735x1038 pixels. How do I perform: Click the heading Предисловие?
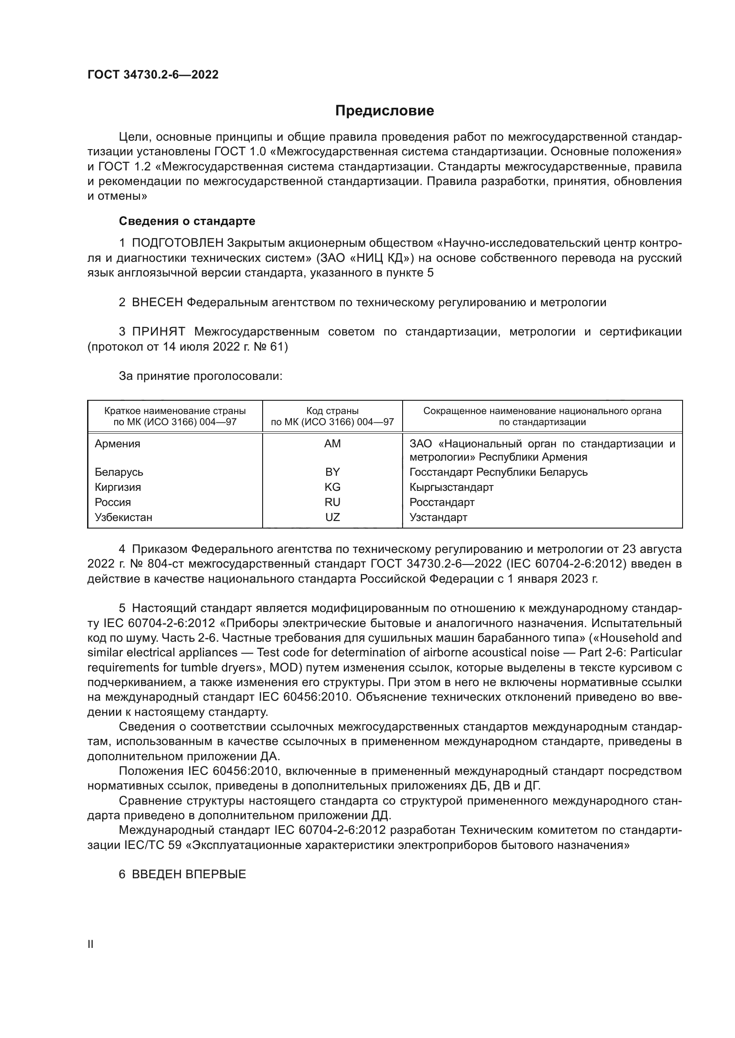click(x=384, y=111)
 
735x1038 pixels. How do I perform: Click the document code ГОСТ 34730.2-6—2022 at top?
click(x=152, y=75)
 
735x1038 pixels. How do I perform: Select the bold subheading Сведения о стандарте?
click(x=187, y=221)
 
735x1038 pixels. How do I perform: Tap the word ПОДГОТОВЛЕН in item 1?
click(x=177, y=243)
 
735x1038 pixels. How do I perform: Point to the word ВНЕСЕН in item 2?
click(x=157, y=303)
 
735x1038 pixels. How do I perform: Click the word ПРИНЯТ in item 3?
click(x=158, y=332)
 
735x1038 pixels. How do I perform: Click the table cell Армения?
click(x=117, y=443)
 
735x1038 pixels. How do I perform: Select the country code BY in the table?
click(x=332, y=472)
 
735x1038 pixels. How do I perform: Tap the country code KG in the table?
click(x=332, y=487)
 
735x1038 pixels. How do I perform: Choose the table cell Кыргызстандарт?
click(x=451, y=487)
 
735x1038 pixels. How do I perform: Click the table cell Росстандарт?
click(x=442, y=502)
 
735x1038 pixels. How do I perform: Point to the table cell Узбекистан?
click(x=123, y=517)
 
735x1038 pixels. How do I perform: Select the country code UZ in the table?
click(x=332, y=517)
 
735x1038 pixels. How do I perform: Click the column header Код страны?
click(x=332, y=411)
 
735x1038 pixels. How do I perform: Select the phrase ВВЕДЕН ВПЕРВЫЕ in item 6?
click(x=188, y=874)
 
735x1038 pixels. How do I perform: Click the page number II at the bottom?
click(x=90, y=944)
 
